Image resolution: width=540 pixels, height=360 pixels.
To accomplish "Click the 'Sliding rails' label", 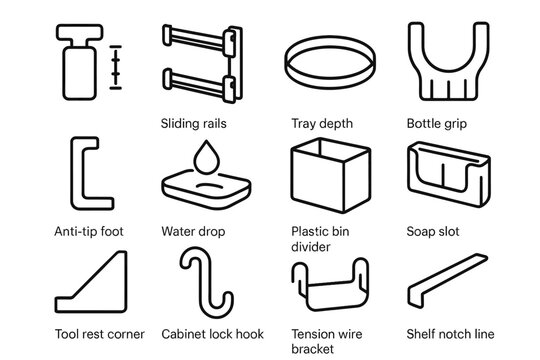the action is pyautogui.click(x=194, y=124).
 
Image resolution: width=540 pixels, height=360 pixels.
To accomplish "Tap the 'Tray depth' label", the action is pyautogui.click(x=322, y=124).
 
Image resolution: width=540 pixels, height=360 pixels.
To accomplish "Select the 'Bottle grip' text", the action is pyautogui.click(x=437, y=124).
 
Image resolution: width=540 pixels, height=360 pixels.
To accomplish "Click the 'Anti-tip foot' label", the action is pyautogui.click(x=89, y=231).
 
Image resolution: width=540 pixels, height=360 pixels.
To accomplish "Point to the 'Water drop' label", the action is pyautogui.click(x=193, y=232).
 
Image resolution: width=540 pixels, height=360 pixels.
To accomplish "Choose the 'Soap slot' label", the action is pyautogui.click(x=433, y=232).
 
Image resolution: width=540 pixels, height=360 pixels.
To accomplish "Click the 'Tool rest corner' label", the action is pyautogui.click(x=100, y=334).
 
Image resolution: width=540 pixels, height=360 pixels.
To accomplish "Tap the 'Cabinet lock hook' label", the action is pyautogui.click(x=212, y=334).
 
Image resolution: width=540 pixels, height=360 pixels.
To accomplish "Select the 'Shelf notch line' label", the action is pyautogui.click(x=450, y=334).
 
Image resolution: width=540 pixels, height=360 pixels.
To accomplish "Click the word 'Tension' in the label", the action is pyautogui.click(x=314, y=334).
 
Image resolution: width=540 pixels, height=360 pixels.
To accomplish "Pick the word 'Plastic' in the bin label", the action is pyautogui.click(x=308, y=231).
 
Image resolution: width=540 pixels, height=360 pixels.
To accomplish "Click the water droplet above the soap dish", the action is pyautogui.click(x=206, y=157).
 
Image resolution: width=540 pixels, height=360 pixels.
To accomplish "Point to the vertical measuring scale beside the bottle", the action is pyautogui.click(x=116, y=67).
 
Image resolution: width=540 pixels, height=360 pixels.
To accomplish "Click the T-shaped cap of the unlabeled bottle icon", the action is pyautogui.click(x=80, y=33).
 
